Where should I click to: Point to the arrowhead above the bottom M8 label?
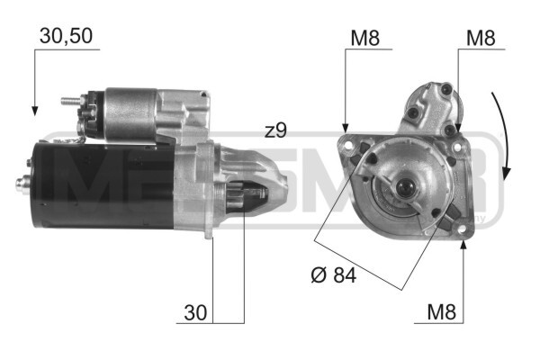click(x=462, y=245)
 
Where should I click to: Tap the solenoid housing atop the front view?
click(x=431, y=106)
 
